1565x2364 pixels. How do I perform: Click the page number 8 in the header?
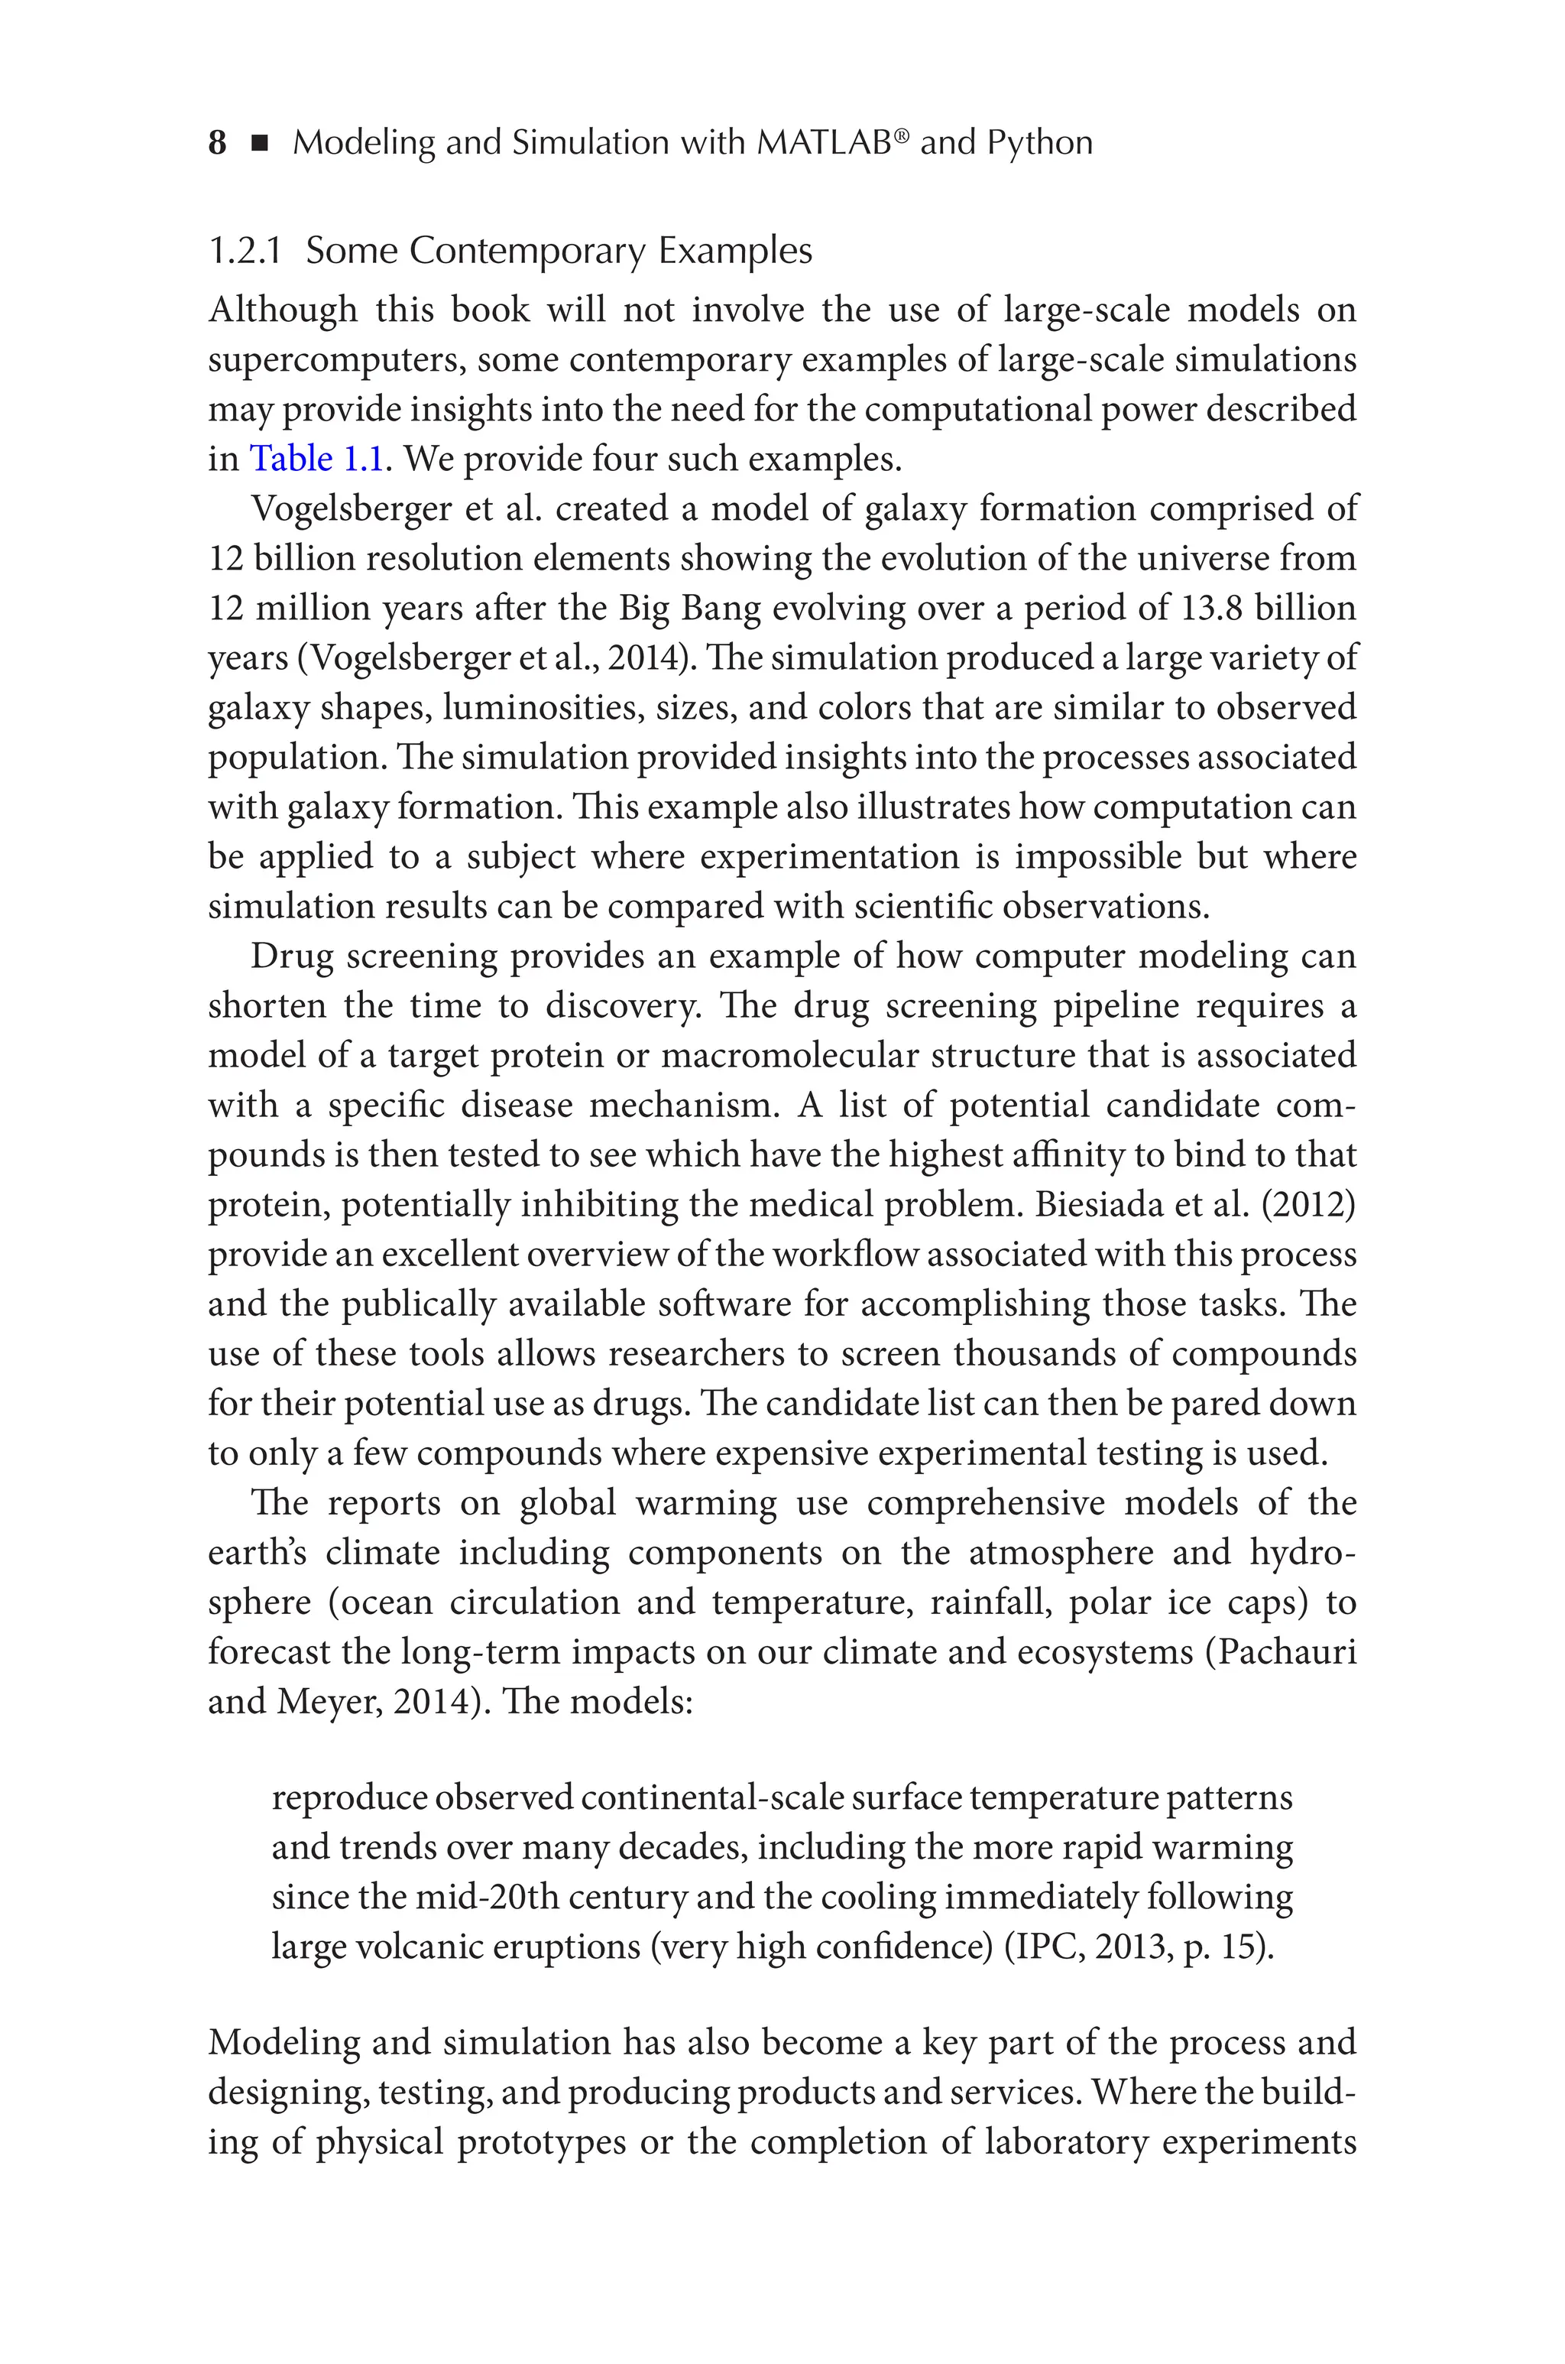point(216,143)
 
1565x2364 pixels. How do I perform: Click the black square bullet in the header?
point(261,144)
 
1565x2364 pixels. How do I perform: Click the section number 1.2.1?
point(245,251)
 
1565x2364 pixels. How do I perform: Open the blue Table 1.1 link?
point(316,459)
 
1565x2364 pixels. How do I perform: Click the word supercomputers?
point(335,360)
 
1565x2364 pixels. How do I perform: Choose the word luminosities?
point(542,708)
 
